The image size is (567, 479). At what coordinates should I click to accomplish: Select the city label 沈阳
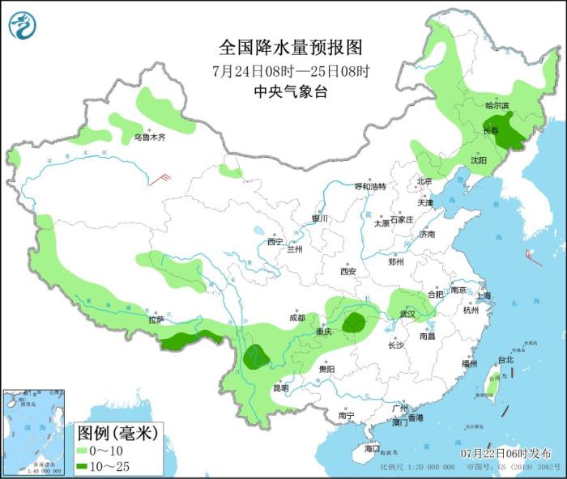coord(479,160)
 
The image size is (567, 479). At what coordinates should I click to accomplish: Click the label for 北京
coord(424,180)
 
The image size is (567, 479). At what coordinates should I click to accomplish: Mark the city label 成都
coord(296,318)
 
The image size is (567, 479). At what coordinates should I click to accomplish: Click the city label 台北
coord(505,359)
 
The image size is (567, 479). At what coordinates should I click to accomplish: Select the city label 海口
coord(372,447)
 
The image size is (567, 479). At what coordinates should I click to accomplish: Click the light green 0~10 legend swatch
coord(83,450)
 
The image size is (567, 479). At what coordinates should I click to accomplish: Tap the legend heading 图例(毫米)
coord(116,433)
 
